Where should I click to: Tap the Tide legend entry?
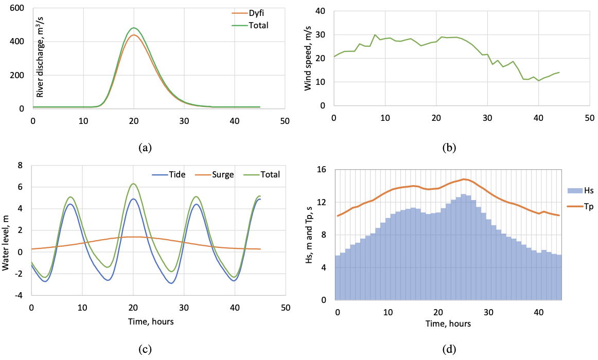(169, 174)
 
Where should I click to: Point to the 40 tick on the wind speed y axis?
(321, 11)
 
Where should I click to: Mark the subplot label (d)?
(449, 350)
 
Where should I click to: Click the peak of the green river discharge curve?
(134, 28)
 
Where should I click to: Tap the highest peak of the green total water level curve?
(133, 184)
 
